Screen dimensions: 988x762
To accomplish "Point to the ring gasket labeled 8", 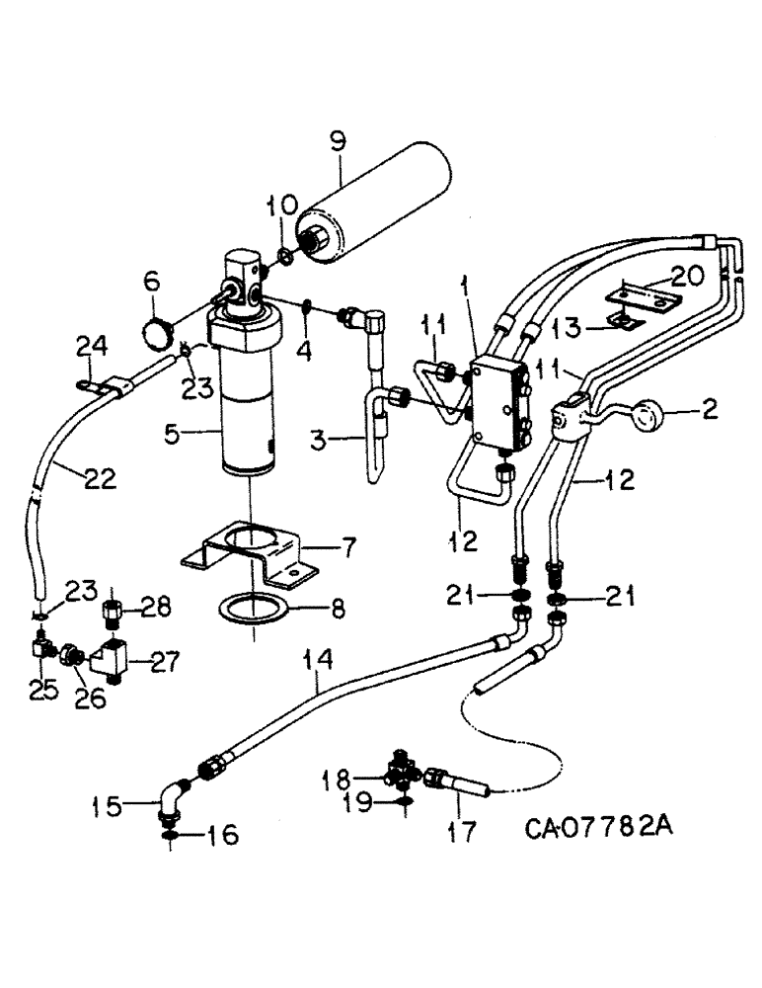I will [255, 607].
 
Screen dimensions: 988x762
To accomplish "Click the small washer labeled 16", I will [171, 837].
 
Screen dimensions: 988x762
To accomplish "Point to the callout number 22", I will [98, 479].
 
